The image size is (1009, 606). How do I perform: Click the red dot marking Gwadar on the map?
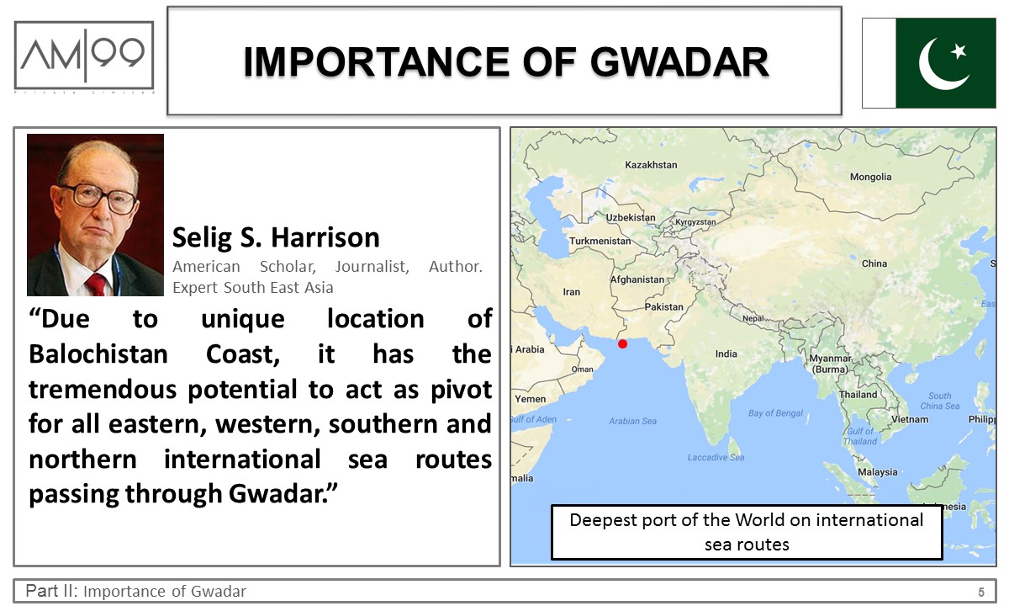coord(622,344)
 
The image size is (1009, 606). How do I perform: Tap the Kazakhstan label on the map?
coord(651,165)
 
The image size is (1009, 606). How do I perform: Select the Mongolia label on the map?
coord(871,177)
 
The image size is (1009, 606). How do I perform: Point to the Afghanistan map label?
coord(637,279)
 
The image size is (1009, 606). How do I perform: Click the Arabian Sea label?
coord(632,421)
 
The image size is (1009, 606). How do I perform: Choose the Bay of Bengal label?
coord(775,413)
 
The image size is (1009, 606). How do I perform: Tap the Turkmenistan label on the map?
coord(600,241)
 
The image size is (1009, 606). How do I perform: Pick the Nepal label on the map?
coord(753,318)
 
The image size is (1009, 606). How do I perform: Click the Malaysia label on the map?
coord(878,472)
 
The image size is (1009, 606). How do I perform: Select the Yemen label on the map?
coord(531,399)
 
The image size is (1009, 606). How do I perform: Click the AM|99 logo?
coord(84,55)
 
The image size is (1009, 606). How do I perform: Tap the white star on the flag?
coord(958,51)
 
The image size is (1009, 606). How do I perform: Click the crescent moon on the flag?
coord(939,66)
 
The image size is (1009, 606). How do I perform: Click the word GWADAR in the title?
coord(679,61)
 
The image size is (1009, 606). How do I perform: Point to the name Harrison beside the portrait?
coord(325,237)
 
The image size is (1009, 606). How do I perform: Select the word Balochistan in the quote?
coord(98,354)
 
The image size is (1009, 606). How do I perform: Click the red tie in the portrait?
coord(97,284)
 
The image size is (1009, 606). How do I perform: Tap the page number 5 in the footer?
coord(980,592)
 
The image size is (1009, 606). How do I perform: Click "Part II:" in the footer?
coord(52,591)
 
